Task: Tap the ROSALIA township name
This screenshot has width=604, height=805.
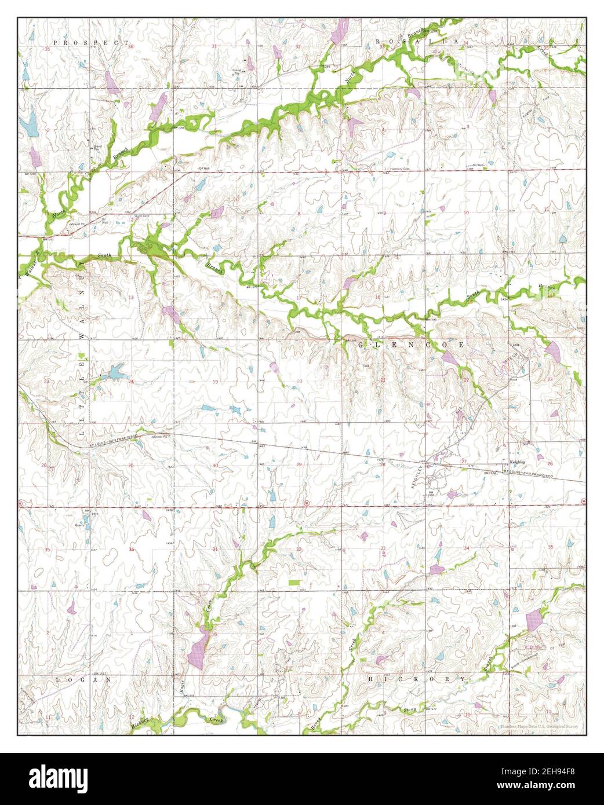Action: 417,42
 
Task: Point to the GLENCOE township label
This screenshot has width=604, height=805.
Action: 412,345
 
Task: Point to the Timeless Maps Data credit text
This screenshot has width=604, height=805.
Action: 539,726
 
